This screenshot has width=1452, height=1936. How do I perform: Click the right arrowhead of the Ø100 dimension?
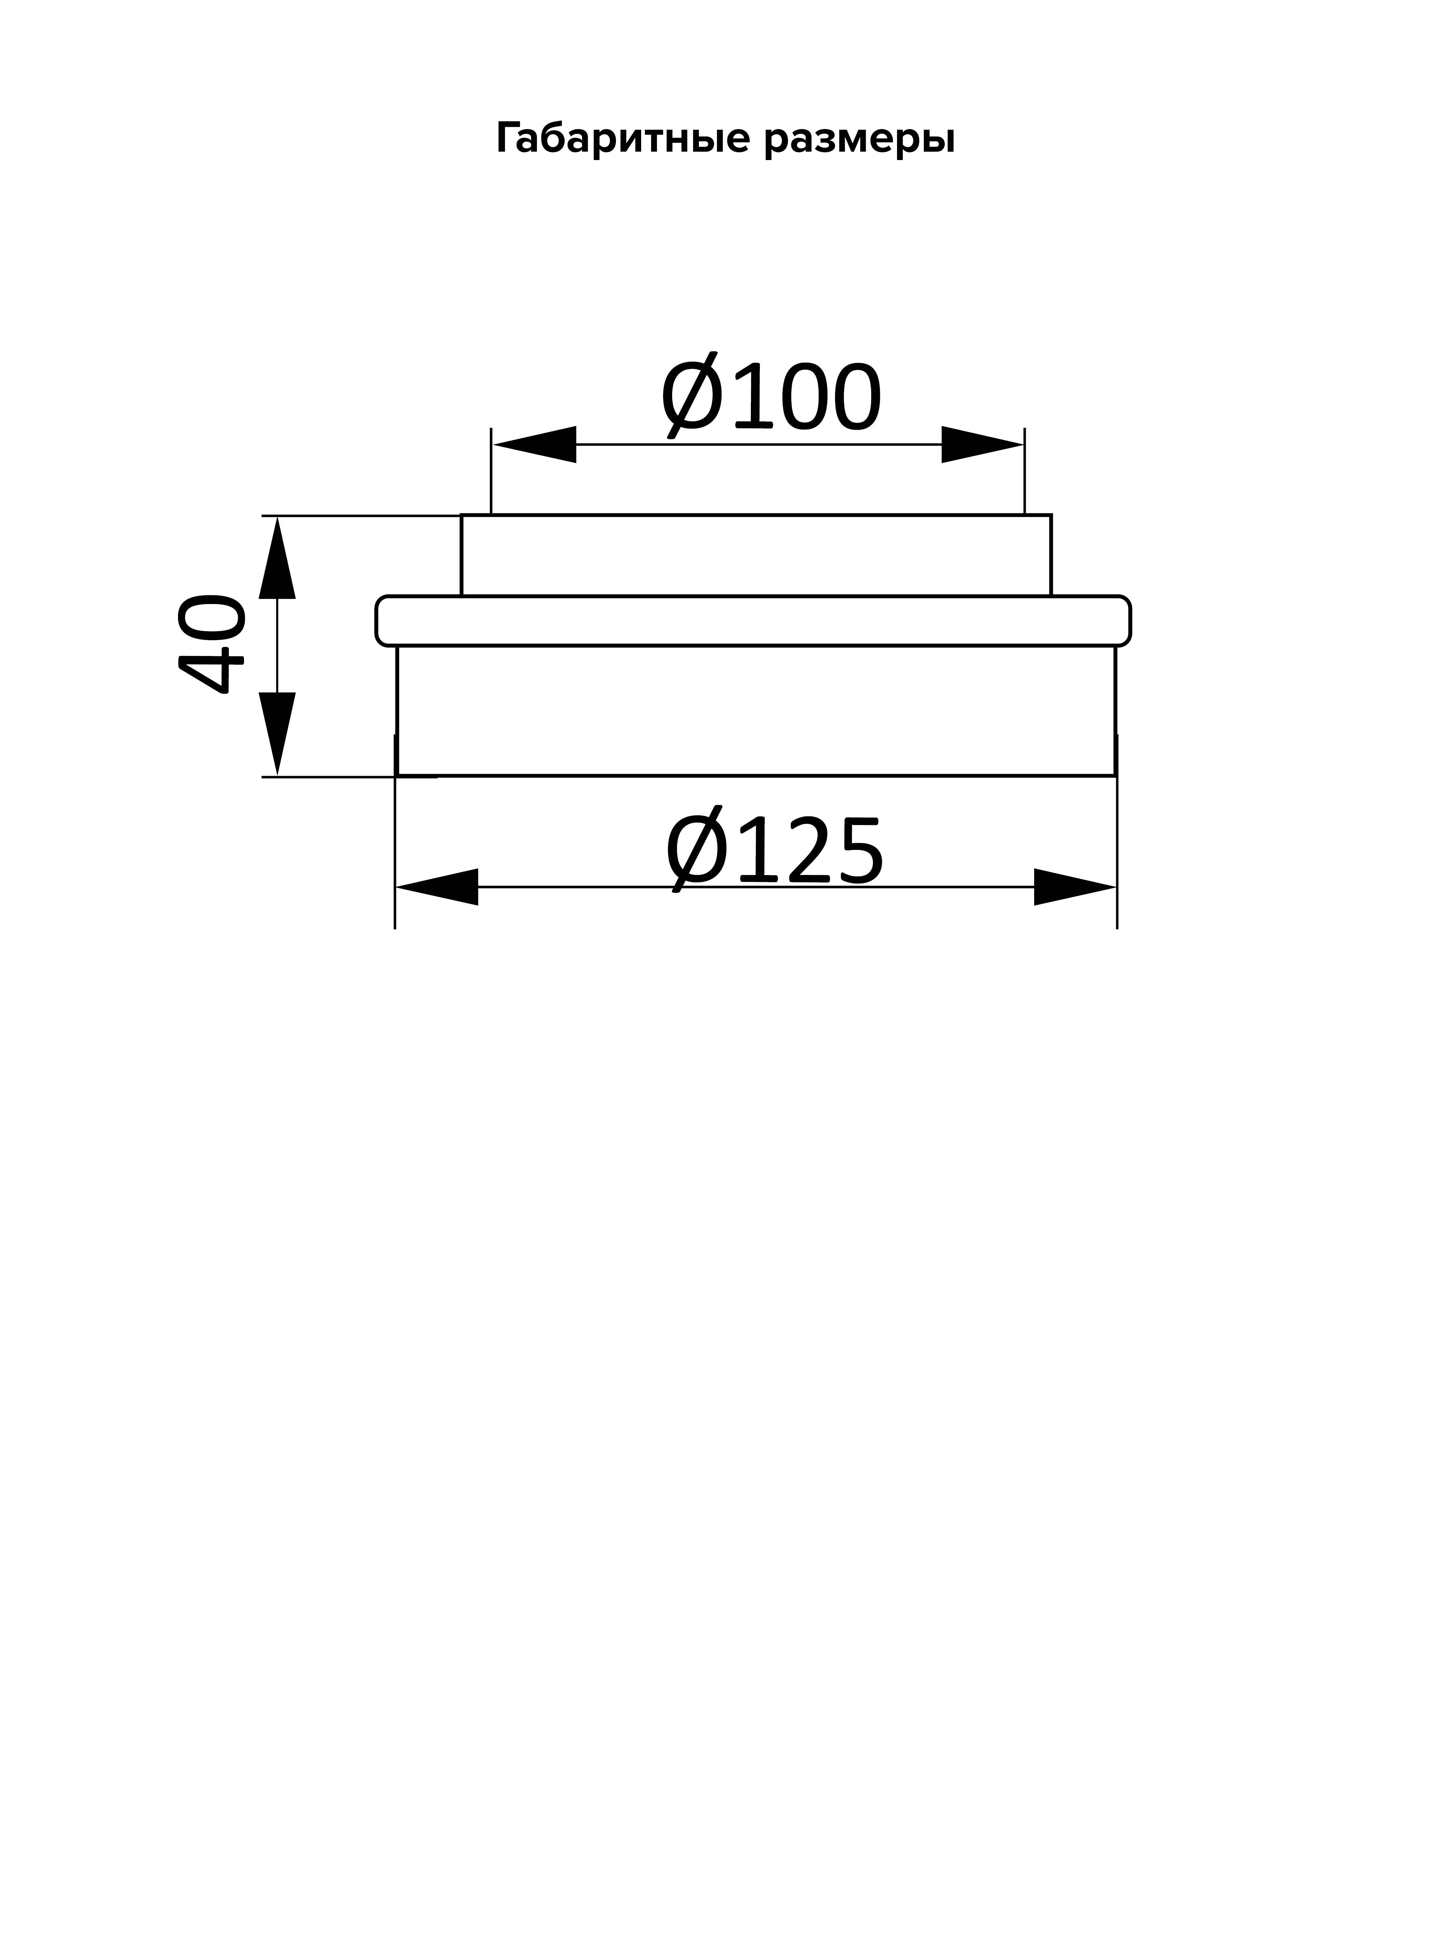[982, 445]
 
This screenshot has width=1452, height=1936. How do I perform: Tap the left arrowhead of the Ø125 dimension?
[437, 887]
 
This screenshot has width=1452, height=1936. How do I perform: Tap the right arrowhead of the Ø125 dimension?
[1075, 887]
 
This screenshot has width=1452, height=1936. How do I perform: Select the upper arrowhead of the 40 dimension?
[277, 558]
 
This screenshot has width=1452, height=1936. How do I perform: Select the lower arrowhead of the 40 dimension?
[277, 733]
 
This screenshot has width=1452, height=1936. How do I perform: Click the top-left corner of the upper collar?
[461, 516]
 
